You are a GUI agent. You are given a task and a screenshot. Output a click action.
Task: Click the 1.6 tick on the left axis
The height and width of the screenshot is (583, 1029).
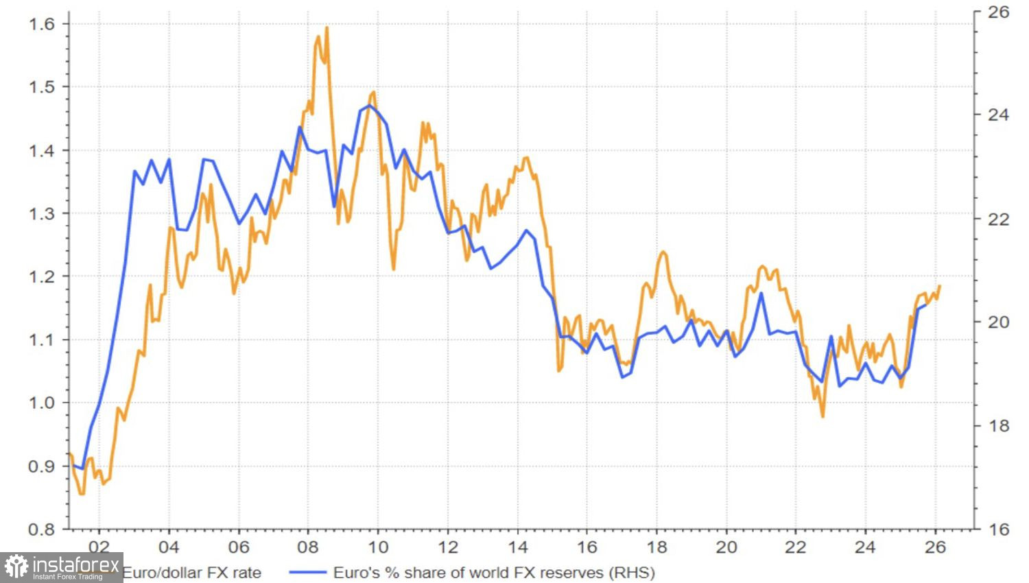40,24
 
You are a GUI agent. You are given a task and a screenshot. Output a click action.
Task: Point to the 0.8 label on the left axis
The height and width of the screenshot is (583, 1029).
40,530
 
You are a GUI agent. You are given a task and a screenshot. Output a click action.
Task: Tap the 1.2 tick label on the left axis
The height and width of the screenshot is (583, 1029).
40,276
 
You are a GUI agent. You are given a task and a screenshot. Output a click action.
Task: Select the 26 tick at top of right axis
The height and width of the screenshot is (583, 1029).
997,12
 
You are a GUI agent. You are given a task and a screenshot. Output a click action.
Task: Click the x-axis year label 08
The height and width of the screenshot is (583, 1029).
308,547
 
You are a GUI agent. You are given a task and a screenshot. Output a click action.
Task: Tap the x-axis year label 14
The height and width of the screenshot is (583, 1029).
517,547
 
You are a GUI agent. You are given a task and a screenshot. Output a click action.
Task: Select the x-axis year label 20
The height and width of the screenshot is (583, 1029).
726,547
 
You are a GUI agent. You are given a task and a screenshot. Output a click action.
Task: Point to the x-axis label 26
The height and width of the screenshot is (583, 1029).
936,547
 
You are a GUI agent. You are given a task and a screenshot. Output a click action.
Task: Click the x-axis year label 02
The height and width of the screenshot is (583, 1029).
99,547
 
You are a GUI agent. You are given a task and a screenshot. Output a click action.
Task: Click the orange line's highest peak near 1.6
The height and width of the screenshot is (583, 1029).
327,28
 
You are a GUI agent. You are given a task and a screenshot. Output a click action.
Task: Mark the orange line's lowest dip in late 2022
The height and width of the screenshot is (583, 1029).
823,416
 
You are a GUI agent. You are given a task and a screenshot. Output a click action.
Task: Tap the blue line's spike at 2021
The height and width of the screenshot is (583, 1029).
761,294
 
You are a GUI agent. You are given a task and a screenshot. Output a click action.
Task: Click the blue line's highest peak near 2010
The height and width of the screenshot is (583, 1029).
369,106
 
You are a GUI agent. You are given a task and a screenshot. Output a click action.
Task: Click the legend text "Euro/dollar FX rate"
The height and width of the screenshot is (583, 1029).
191,572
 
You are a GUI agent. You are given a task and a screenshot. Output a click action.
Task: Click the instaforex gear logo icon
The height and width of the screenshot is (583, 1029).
16,567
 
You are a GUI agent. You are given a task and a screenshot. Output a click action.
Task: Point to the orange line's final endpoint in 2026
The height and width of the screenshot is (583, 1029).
939,286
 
